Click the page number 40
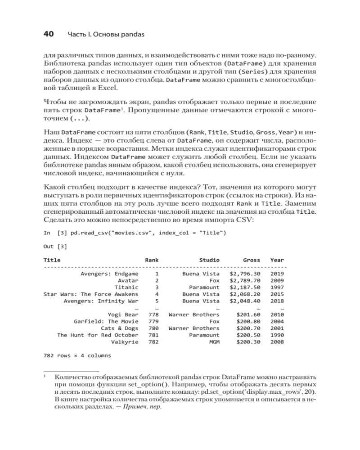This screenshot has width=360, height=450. pos(48,34)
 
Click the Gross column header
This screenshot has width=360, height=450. pos(252,260)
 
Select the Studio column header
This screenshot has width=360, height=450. pos(209,260)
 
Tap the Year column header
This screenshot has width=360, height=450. pos(277,260)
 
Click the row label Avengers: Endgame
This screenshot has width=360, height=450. pos(109,273)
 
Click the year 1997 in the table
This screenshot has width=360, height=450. pos(277,287)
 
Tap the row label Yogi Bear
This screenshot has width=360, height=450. pos(123,315)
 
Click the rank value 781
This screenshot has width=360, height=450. pos(153,335)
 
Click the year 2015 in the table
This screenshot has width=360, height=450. pos(277,294)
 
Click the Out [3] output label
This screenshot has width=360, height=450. pos(55,246)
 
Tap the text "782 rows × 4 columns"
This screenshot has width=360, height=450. pos(77,355)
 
